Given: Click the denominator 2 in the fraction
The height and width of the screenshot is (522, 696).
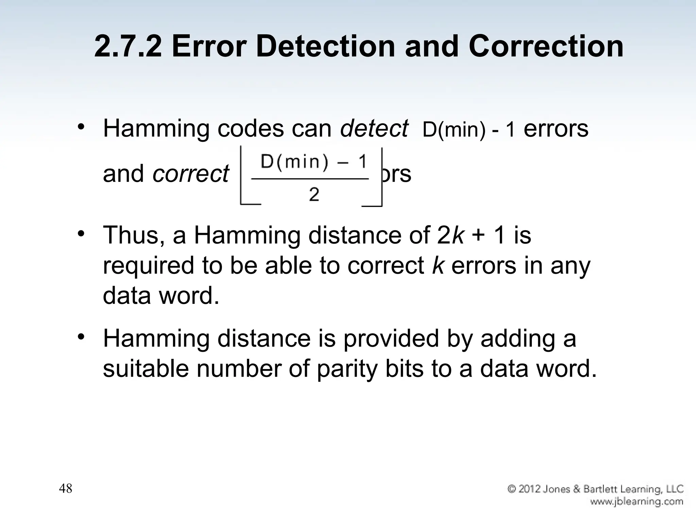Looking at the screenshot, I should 314,195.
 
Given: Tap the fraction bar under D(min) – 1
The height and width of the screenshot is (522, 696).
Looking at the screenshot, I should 310,178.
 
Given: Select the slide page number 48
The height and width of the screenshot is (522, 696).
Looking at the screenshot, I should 66,488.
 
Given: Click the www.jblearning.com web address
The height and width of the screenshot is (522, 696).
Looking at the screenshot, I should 637,501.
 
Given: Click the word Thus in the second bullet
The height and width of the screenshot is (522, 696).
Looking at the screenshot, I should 131,235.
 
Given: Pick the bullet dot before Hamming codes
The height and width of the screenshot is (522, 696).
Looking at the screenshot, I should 81,127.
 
